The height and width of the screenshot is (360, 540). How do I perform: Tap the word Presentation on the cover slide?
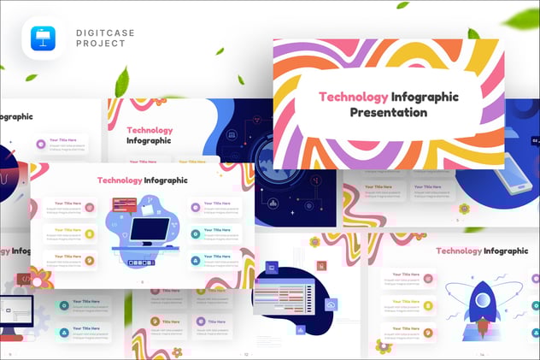tap(388, 112)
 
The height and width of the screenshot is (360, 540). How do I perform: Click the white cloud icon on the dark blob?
tap(331, 304)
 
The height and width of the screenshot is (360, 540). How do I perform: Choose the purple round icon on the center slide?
tap(196, 206)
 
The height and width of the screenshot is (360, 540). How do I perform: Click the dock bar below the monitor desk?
tap(142, 263)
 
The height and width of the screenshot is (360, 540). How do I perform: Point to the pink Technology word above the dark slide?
tap(150, 131)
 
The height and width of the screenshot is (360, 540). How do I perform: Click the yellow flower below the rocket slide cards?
tap(384, 345)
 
